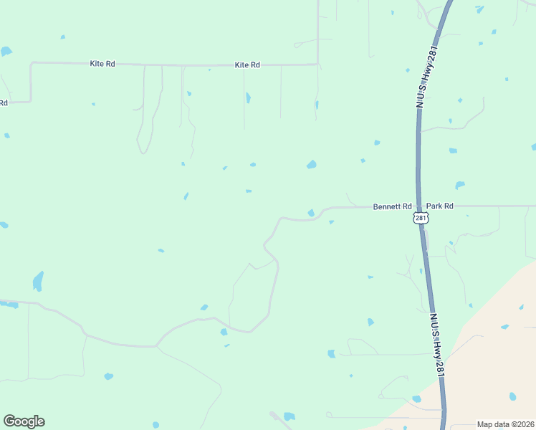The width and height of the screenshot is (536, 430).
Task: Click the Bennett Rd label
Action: tap(392, 206)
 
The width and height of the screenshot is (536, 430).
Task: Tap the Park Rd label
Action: tap(439, 206)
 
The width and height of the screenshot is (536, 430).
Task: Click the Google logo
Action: tap(24, 421)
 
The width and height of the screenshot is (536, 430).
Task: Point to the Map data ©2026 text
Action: tap(505, 424)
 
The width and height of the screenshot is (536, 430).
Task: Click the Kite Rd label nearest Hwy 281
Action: tap(247, 65)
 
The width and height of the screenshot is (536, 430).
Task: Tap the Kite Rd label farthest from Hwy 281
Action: tap(102, 64)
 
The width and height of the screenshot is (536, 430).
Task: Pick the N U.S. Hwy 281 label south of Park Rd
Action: tap(438, 343)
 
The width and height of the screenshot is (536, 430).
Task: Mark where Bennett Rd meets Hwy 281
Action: tap(418, 206)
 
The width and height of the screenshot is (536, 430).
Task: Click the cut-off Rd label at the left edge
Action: tap(4, 102)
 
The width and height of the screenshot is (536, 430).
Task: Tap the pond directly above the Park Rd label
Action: tap(459, 185)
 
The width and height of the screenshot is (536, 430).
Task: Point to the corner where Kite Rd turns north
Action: tap(317, 64)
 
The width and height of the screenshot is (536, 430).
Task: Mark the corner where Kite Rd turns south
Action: tap(32, 63)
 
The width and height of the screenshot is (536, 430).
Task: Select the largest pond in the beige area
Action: tap(512, 396)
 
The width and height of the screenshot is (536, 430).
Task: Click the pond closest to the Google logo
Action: tap(108, 376)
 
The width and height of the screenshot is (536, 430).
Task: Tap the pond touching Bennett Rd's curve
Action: tap(311, 213)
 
